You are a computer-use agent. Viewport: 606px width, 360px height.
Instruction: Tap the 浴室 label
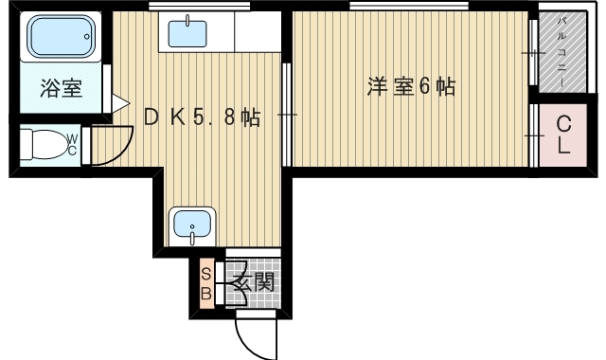61,90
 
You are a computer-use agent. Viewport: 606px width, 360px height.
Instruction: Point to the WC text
71,144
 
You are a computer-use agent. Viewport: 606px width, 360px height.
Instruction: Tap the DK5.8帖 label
202,117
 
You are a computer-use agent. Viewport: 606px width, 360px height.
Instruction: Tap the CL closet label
562,135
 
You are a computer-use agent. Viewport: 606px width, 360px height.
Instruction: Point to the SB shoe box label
206,282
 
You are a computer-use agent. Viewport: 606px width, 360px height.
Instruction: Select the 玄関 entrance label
253,281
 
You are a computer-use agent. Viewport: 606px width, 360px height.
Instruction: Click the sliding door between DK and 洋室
287,115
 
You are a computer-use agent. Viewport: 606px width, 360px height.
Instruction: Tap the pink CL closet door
537,135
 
